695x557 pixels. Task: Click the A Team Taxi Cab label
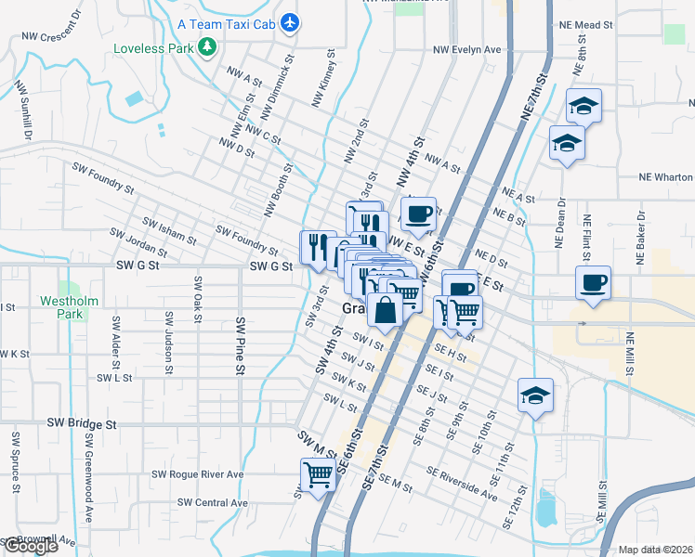pyautogui.click(x=228, y=22)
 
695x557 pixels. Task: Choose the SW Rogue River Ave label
pyautogui.click(x=197, y=473)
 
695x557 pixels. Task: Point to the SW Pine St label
pyautogui.click(x=240, y=345)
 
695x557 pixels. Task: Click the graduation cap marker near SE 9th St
pyautogui.click(x=535, y=395)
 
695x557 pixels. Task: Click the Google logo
pyautogui.click(x=30, y=546)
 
